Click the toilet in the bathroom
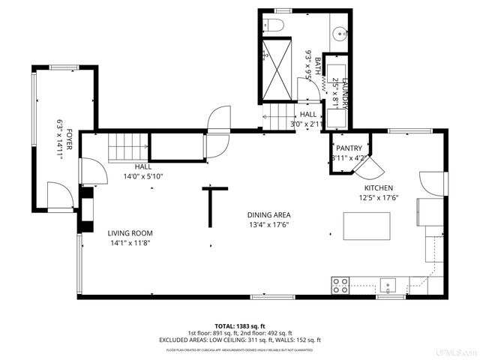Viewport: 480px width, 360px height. click(274, 26)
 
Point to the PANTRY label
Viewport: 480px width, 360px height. click(349, 148)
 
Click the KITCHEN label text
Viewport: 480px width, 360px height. click(379, 188)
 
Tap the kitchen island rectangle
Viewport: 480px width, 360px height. click(367, 226)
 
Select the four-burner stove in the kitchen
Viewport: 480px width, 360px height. click(340, 285)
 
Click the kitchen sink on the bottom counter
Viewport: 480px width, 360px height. click(388, 284)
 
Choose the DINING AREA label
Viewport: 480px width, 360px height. click(268, 214)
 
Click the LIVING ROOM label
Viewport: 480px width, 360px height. click(130, 232)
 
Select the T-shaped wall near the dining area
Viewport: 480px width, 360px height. click(212, 204)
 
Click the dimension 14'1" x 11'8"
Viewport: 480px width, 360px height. click(130, 242)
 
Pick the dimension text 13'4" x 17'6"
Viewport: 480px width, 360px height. click(268, 224)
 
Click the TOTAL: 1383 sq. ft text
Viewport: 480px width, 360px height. click(239, 326)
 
